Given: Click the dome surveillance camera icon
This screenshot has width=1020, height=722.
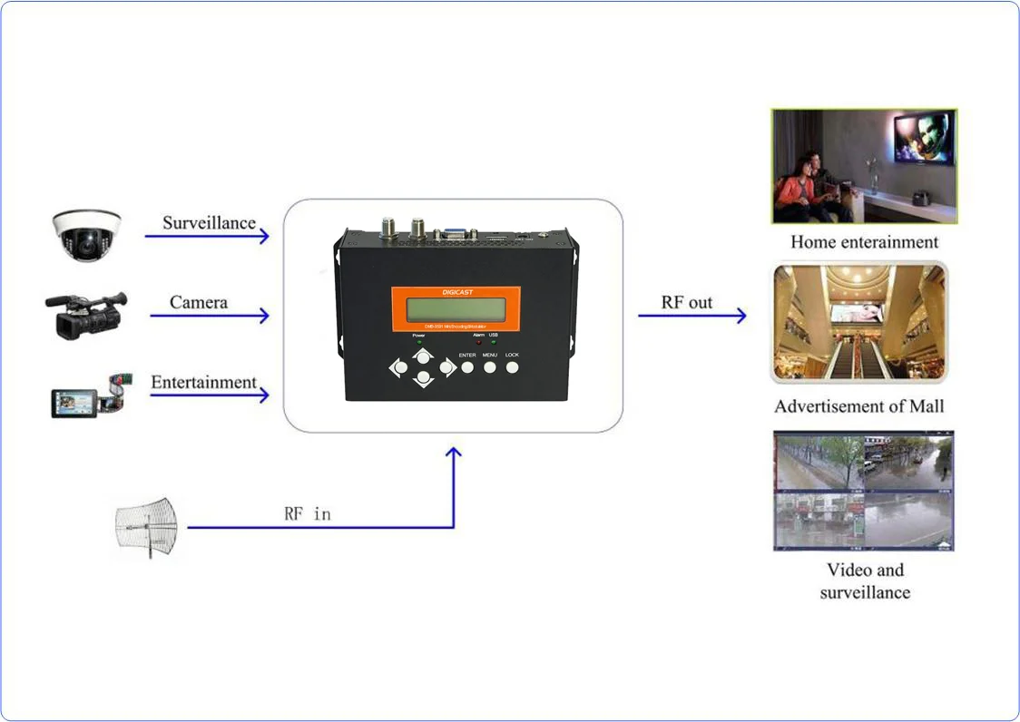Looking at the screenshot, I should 86,233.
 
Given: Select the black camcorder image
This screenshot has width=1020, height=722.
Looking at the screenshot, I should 85,314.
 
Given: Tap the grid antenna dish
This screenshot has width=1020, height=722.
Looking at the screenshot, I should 146,527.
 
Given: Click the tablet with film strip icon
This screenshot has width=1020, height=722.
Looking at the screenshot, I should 86,395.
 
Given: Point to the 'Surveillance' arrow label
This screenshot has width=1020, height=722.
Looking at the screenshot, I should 209,222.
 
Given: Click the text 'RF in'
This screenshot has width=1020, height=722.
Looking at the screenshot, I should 308,513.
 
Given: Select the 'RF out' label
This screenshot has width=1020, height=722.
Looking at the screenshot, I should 687,302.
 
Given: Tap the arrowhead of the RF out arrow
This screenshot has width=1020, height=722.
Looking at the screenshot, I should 740,316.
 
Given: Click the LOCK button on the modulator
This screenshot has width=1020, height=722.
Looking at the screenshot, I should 512,367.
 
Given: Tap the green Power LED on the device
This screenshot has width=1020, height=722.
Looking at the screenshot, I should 418,343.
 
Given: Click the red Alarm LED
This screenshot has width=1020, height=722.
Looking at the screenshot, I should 478,342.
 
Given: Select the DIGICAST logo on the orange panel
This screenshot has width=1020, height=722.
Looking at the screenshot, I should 456,292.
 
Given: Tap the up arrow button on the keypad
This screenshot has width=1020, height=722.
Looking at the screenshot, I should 423,356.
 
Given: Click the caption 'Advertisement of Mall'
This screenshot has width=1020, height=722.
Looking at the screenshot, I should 858,406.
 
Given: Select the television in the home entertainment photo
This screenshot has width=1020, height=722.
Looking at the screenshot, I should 923,137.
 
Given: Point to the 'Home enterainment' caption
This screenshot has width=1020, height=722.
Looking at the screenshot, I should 864,242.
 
